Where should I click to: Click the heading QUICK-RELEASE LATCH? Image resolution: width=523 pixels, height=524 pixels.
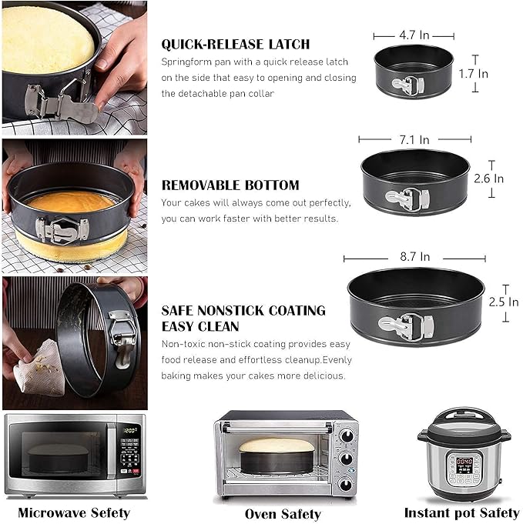pos(236,44)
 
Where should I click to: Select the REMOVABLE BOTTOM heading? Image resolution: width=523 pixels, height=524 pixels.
pos(230,185)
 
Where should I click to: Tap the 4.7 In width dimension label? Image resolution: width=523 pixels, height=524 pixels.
pos(414,35)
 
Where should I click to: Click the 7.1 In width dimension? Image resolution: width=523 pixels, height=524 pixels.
pos(415,139)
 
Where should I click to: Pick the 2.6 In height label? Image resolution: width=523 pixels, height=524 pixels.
pos(488,179)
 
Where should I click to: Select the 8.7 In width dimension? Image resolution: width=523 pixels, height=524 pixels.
pos(414,257)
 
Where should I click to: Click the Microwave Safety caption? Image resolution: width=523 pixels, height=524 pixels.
pos(74,512)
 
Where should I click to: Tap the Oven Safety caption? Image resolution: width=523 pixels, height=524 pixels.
pos(283,513)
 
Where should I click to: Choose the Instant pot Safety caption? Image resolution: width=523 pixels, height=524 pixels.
pos(461,512)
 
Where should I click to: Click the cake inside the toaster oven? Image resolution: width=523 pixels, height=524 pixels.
pos(277,445)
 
